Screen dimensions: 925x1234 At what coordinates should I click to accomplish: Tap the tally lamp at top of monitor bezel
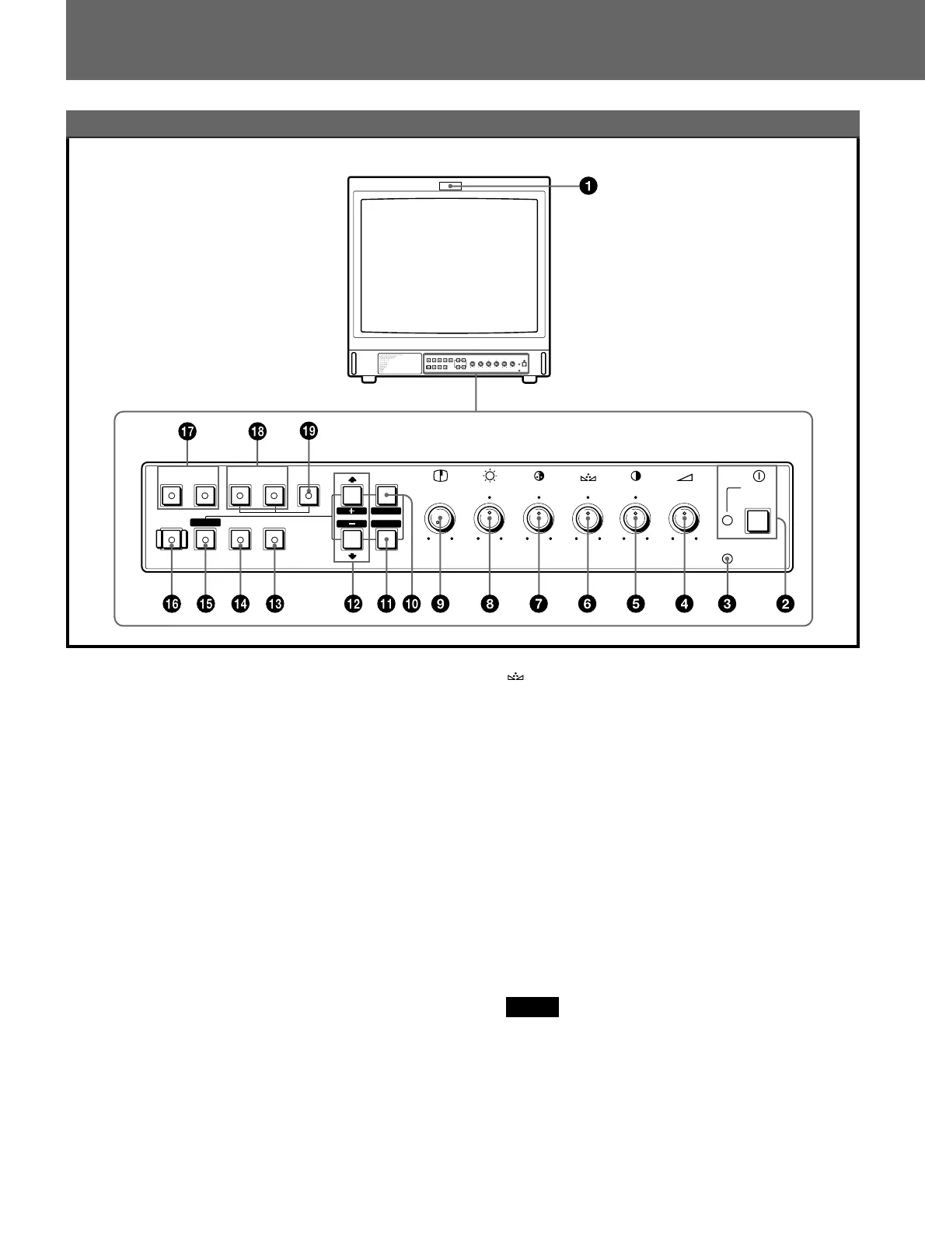(450, 186)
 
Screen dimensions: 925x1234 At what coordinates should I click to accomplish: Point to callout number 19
(309, 431)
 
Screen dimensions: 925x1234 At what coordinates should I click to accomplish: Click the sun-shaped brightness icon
(490, 476)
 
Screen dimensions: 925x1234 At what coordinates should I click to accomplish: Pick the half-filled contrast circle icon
(636, 476)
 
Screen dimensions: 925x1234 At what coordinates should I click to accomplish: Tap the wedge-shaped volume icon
(684, 476)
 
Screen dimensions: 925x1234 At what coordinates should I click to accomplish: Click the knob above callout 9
(440, 520)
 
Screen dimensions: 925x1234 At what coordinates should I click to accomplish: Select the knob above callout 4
(684, 518)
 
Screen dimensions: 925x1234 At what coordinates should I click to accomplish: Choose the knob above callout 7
(539, 518)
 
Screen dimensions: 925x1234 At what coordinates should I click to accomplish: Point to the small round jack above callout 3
(728, 559)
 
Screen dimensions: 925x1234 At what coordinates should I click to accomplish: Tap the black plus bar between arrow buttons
(352, 511)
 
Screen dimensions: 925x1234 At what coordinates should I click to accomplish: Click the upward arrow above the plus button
(352, 479)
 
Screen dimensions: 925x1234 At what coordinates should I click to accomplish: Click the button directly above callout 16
(171, 539)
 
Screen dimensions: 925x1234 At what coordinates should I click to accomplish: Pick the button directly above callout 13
(274, 539)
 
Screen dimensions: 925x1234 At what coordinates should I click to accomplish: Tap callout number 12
(353, 604)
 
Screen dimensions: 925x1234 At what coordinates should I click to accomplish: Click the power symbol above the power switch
(759, 476)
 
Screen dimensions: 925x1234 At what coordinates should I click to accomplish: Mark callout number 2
(786, 604)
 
